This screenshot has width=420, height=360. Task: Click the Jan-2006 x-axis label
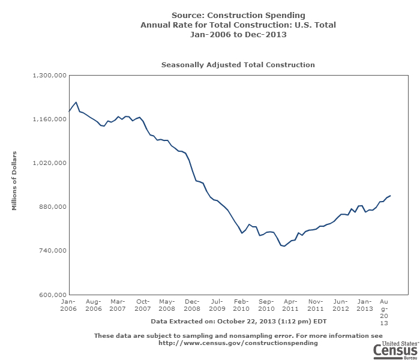pyautogui.click(x=68, y=304)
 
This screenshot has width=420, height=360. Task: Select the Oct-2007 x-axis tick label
pyautogui.click(x=143, y=304)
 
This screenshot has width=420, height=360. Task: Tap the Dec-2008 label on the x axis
pyautogui.click(x=192, y=304)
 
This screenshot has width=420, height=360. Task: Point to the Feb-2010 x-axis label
pyautogui.click(x=241, y=304)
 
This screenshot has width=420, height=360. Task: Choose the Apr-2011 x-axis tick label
pyautogui.click(x=290, y=304)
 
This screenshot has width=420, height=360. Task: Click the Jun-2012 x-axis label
pyautogui.click(x=340, y=304)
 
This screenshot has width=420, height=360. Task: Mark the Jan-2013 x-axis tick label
pyautogui.click(x=365, y=304)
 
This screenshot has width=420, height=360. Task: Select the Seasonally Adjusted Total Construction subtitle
pyautogui.click(x=238, y=64)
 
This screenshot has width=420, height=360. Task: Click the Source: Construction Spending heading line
pyautogui.click(x=238, y=15)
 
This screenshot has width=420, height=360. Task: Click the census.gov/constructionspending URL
pyautogui.click(x=238, y=343)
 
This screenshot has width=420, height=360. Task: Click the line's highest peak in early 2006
pyautogui.click(x=76, y=102)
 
